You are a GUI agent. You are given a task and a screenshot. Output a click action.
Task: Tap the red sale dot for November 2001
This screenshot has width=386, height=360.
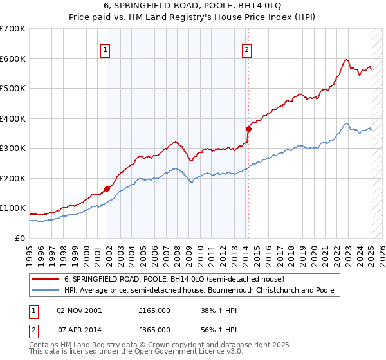pyautogui.click(x=107, y=188)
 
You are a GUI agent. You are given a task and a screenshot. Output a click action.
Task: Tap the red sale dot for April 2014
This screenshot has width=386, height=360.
pyautogui.click(x=248, y=129)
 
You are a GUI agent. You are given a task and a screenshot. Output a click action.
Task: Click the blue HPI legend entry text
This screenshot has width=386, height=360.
pyautogui.click(x=199, y=290)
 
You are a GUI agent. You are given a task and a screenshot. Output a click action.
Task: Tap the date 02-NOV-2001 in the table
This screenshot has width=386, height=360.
pyautogui.click(x=79, y=310)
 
